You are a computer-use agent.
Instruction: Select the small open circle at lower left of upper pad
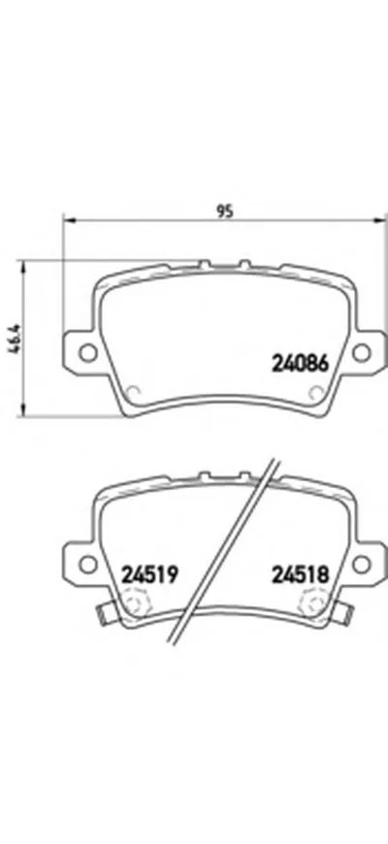click(135, 392)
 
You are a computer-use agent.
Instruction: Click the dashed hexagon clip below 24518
click(313, 607)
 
